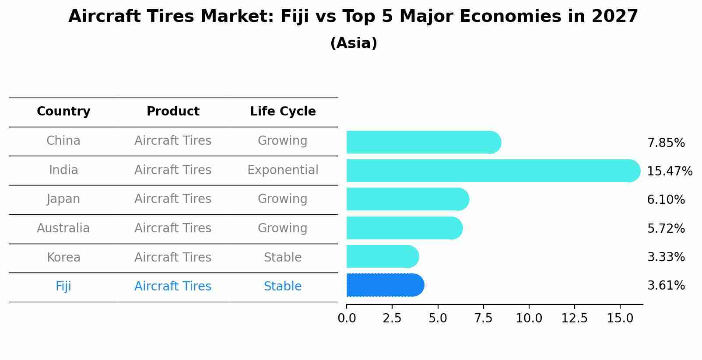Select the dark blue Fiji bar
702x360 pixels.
pos(384,285)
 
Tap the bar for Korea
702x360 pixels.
pos(382,256)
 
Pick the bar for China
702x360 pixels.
pos(423,142)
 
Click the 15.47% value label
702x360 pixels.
pos(669,171)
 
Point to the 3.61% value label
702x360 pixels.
pos(666,286)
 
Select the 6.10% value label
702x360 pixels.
pos(666,200)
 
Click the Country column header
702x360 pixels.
pos(63,112)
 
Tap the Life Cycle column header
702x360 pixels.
pos(283,112)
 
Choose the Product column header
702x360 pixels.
pos(173,112)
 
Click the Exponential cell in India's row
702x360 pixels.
pos(283,170)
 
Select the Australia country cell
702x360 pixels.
pos(63,228)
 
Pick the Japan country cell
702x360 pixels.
pos(63,199)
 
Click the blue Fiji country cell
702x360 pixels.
pos(63,287)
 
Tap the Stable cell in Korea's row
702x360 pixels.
pos(283,258)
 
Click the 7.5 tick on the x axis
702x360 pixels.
pos(483,318)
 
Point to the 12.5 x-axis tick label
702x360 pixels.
pos(574,318)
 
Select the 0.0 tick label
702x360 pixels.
pos(347,318)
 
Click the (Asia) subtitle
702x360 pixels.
pos(354,43)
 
